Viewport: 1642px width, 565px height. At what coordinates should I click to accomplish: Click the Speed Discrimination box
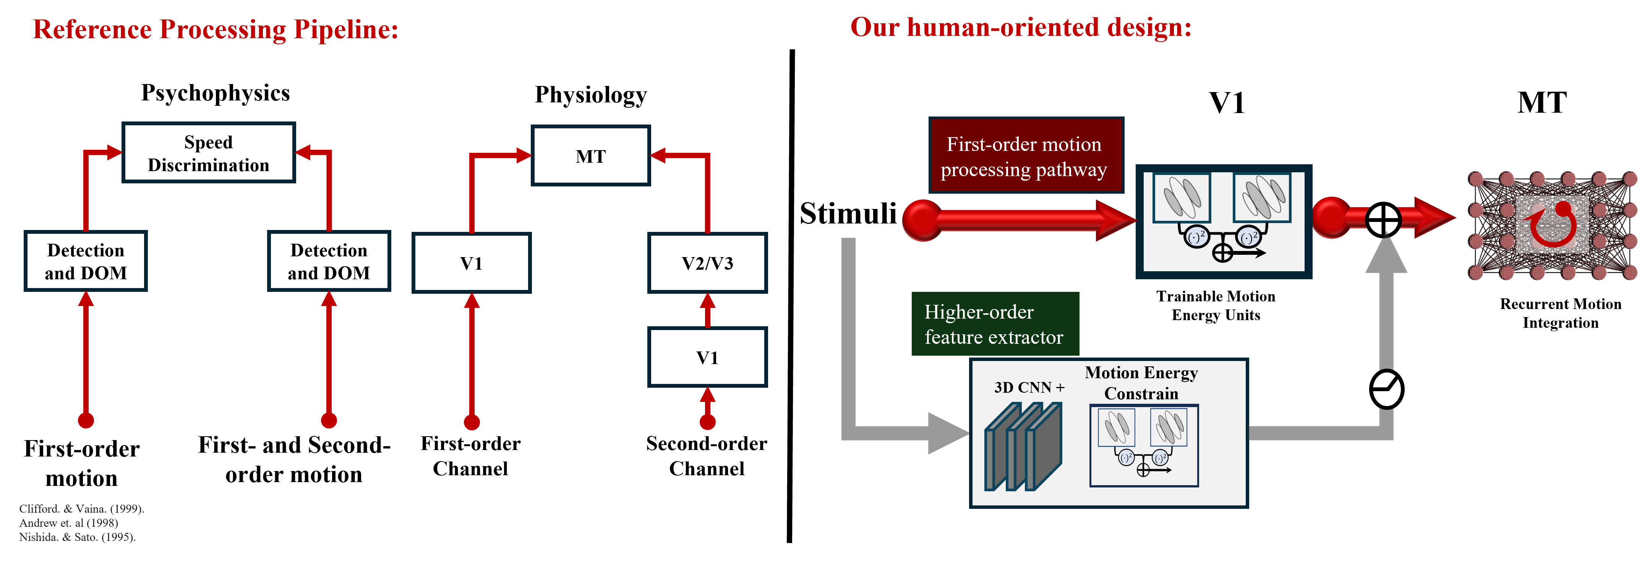coord(208,153)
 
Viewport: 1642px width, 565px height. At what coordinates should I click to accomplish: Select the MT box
coord(590,156)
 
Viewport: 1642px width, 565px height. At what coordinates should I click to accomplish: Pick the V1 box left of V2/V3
coord(471,263)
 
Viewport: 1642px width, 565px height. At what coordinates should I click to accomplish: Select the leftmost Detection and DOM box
coord(86,261)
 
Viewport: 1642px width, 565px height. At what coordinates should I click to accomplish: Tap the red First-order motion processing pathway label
coord(1025,156)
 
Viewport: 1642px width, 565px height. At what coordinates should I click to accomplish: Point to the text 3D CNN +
coord(1029,387)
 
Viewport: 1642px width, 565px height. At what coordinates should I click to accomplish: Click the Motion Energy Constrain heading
coord(1141,383)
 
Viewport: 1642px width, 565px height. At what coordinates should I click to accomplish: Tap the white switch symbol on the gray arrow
coord(1386,389)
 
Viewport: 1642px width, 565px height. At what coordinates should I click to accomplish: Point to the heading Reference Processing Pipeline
coord(216,29)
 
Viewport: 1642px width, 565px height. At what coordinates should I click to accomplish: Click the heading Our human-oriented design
coord(1021,28)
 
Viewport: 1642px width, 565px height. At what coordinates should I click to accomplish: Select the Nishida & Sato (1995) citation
coord(77,537)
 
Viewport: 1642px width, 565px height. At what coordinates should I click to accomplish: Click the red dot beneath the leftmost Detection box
coord(86,420)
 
